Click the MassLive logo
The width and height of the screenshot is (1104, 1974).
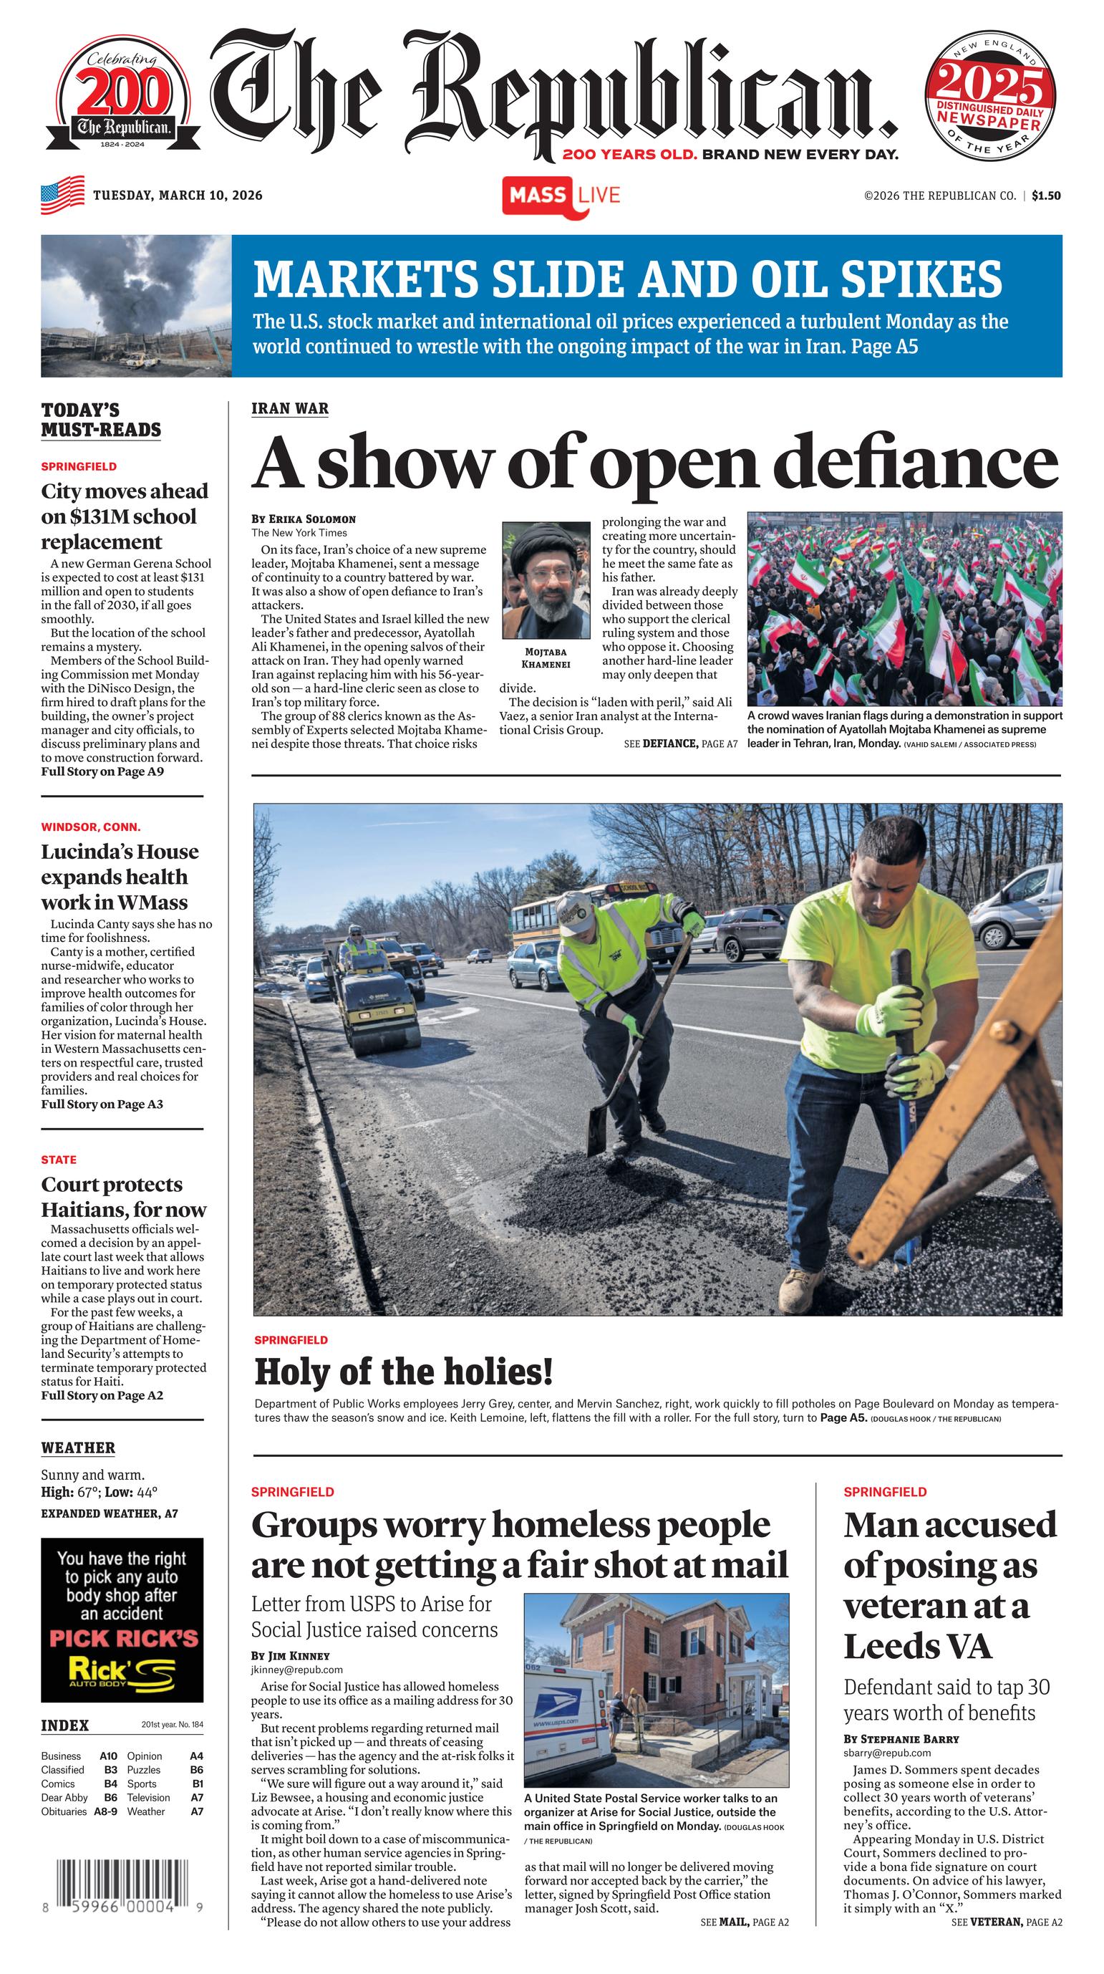point(561,196)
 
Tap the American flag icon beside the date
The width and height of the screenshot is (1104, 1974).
point(63,195)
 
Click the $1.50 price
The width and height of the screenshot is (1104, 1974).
point(1046,196)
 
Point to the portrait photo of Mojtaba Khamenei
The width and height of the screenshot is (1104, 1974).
point(546,580)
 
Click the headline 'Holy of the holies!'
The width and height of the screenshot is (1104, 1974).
point(403,1371)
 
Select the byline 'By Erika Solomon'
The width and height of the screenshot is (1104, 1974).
point(304,519)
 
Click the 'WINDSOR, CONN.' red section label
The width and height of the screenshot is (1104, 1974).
point(90,827)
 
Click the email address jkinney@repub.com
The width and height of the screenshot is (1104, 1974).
point(296,1669)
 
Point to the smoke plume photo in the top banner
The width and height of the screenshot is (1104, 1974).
point(136,306)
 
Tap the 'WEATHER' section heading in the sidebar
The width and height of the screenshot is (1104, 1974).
point(78,1448)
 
